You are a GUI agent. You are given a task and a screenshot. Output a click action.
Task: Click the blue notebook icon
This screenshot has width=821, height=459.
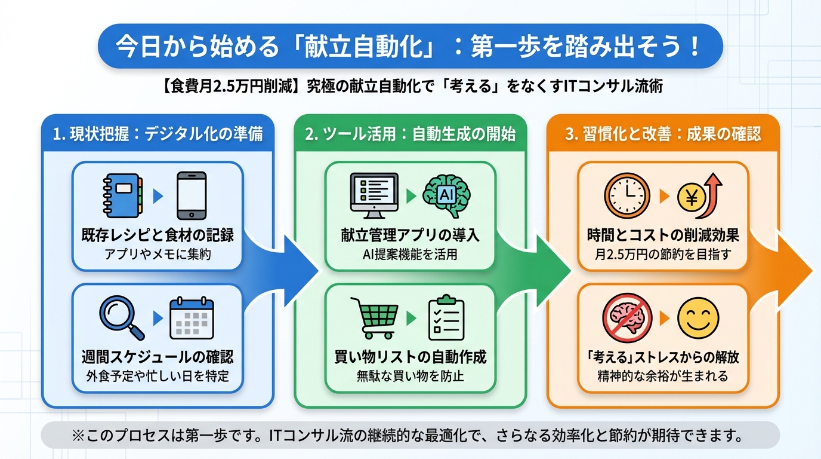pos(122,195)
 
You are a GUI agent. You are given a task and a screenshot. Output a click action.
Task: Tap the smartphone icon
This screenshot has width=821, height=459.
pos(192,195)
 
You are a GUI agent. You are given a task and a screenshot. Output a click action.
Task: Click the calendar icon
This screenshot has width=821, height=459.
pos(192,318)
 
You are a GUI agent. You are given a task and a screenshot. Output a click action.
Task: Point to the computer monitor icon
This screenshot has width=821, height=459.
pos(374,195)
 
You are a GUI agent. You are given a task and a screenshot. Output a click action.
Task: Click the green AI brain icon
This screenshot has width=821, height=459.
pos(446,195)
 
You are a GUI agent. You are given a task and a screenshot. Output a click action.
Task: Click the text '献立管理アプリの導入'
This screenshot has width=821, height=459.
pos(410,235)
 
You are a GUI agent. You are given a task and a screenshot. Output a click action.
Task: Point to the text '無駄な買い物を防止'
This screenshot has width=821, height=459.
pos(410,376)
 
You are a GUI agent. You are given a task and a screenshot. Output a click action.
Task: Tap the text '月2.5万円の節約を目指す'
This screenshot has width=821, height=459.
pos(663,254)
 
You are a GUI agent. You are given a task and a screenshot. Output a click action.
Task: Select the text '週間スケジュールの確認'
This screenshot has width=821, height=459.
pos(158,357)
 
